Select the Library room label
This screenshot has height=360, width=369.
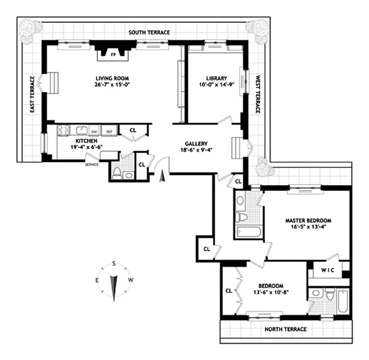pos(214,77)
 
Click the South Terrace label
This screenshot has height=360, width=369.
pos(149,33)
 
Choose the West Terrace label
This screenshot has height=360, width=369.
pos(258,94)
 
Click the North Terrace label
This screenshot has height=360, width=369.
pos(285,329)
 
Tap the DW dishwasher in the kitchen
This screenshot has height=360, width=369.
pos(94,131)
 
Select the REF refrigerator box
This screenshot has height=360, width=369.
pos(108,131)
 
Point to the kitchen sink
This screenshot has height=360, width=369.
pos(81,130)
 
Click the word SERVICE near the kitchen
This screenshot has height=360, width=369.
pos(92,165)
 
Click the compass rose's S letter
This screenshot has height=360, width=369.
pos(114,264)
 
